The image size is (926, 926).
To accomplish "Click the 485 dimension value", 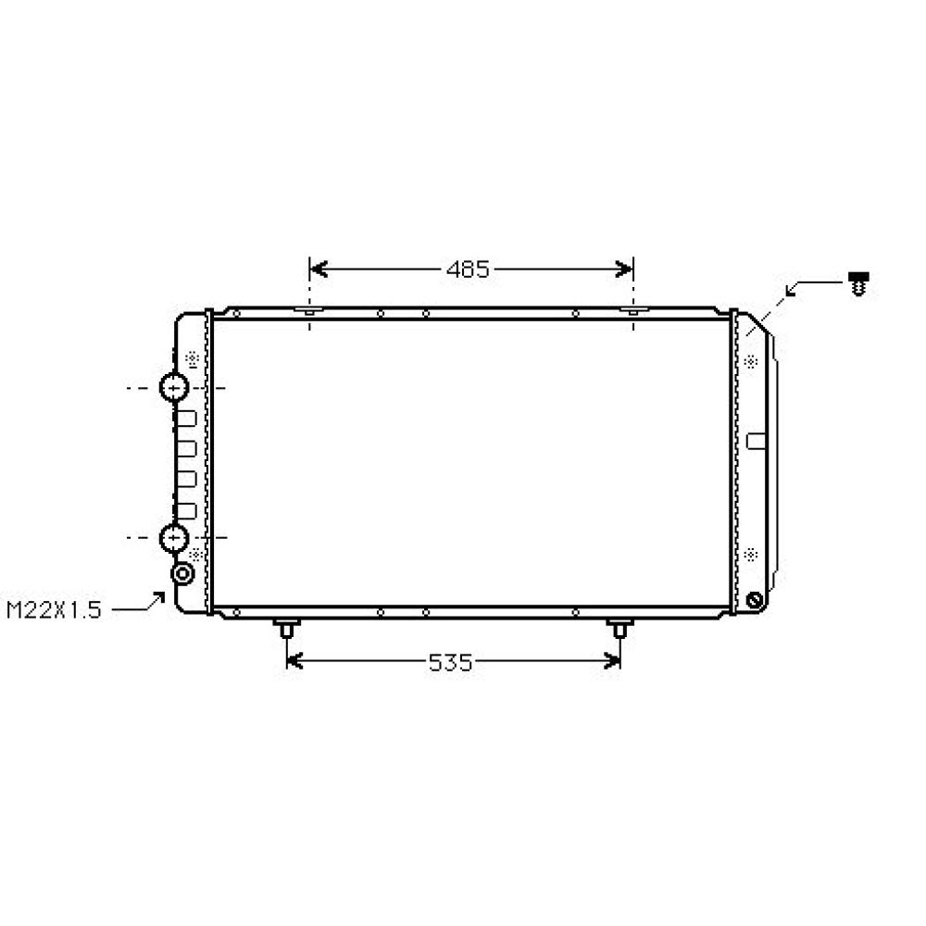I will tap(468, 269).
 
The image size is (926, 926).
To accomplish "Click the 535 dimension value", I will tap(451, 662).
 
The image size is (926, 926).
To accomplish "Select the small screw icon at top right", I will tap(860, 283).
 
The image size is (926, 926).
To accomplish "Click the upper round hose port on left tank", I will tap(174, 387).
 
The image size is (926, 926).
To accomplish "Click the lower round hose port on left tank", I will tap(174, 537).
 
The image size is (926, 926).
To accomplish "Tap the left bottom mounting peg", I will tap(286, 630).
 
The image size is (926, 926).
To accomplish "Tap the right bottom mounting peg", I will tap(619, 630).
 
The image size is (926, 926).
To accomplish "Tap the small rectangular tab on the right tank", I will tap(757, 440).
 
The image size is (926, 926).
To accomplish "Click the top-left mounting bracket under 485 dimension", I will tap(309, 312).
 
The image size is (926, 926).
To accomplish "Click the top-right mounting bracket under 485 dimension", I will tap(633, 312).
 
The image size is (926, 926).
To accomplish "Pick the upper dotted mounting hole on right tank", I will tap(750, 359).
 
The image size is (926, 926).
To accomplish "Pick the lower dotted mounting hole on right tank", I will tap(750, 555).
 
